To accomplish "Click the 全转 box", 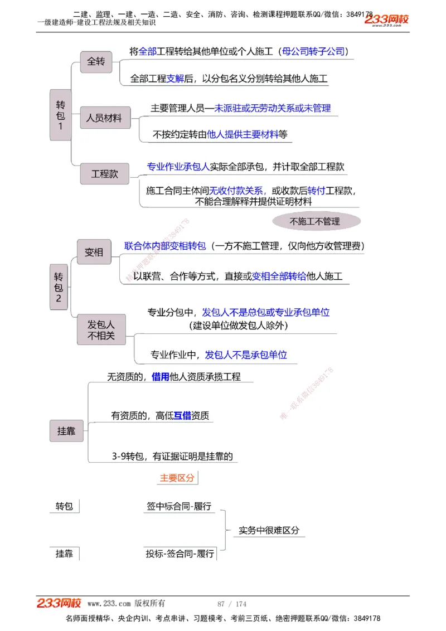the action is tap(96, 62).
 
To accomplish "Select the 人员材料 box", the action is tap(104, 118).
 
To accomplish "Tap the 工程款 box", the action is tap(105, 174).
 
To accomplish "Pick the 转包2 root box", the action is tap(59, 288).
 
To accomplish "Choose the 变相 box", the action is tap(94, 252).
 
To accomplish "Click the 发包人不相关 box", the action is tap(101, 330).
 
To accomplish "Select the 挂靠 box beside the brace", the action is tap(66, 431).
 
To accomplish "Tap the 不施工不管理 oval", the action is tap(316, 221).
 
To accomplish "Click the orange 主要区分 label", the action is tap(177, 478).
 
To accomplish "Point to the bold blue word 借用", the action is tap(160, 377).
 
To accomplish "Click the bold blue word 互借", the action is tap(182, 415).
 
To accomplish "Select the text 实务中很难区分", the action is tap(269, 530).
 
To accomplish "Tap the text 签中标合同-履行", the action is tap(179, 506).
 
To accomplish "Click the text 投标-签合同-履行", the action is tap(180, 554).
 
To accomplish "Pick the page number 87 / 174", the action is tap(231, 604).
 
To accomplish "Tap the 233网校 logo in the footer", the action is tap(59, 603).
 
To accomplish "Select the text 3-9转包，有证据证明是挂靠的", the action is tap(172, 456).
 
